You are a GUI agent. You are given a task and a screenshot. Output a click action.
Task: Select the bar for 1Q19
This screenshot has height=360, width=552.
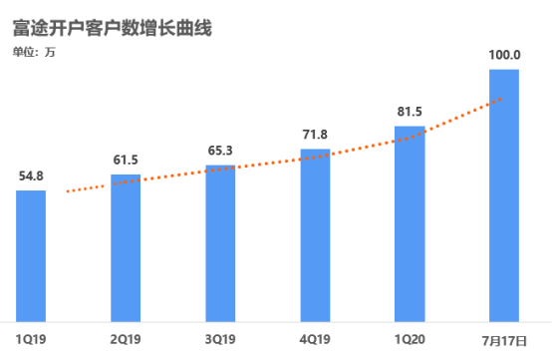[x=31, y=255]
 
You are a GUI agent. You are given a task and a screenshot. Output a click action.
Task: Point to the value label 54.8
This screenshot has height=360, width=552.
[x=32, y=177]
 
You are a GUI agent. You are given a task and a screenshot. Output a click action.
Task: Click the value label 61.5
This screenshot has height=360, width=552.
[x=126, y=160]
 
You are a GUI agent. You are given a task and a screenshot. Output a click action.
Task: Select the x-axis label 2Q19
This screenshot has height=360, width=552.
[x=125, y=340]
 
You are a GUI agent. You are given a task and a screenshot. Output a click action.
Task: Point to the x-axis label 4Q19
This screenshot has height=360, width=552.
[x=315, y=340]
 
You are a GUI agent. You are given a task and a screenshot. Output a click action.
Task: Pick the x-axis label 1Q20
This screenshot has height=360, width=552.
[x=409, y=340]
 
